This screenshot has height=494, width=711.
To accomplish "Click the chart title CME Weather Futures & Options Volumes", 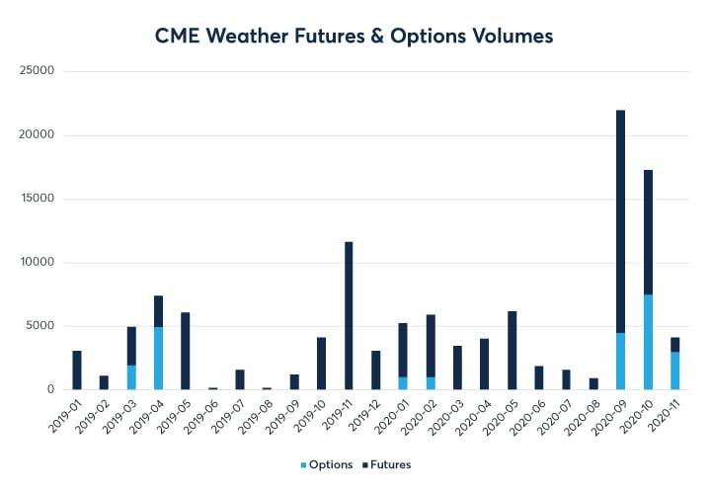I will pyautogui.click(x=355, y=36).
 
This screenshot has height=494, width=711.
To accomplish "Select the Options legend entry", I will pyautogui.click(x=329, y=464).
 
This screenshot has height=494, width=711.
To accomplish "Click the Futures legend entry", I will pyautogui.click(x=386, y=464).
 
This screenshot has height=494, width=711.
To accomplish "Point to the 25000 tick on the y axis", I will pyautogui.click(x=38, y=72).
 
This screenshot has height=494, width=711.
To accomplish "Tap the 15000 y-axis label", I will pyautogui.click(x=38, y=199).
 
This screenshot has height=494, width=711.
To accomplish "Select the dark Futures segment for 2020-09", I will pyautogui.click(x=620, y=221).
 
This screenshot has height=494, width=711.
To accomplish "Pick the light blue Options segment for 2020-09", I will pyautogui.click(x=620, y=362).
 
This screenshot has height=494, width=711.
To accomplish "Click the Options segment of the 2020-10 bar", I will pyautogui.click(x=647, y=342).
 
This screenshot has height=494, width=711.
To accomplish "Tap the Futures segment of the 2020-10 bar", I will pyautogui.click(x=647, y=232).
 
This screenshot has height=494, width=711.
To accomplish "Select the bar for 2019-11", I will pyautogui.click(x=349, y=315).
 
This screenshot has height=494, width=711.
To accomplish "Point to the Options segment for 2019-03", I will pyautogui.click(x=131, y=377).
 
